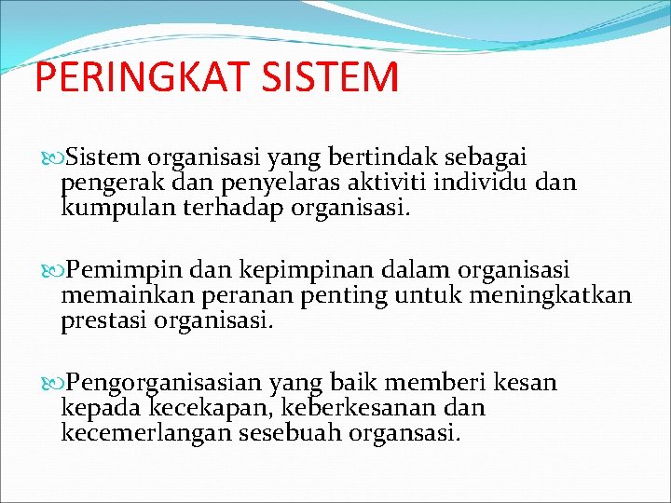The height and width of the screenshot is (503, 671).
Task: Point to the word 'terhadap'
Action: (x=241, y=206)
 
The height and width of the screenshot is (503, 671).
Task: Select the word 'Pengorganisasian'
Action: (x=164, y=384)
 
